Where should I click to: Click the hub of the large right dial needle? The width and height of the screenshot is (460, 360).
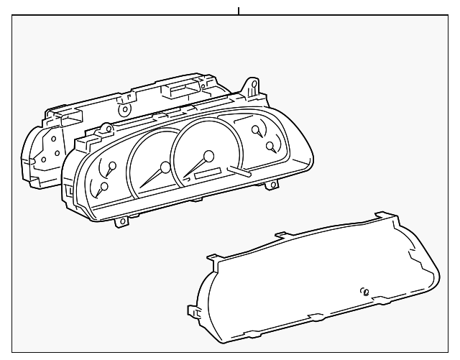[208, 155]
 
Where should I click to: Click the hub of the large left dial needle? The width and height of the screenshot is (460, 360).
[166, 167]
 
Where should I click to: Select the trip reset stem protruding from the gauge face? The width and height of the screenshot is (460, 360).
[238, 172]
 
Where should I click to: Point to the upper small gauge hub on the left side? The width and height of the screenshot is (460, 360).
[111, 168]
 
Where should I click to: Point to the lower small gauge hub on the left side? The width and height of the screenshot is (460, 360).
[105, 187]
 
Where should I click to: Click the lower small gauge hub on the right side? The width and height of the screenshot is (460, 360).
[270, 147]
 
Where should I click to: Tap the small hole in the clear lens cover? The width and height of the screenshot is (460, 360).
[365, 292]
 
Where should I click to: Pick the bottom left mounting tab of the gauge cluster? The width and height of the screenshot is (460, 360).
[122, 221]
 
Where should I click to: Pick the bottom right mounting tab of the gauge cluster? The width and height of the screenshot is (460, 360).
[272, 185]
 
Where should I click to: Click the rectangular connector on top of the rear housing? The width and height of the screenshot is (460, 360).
[178, 90]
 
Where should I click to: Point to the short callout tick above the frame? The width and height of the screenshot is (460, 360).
[238, 11]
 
